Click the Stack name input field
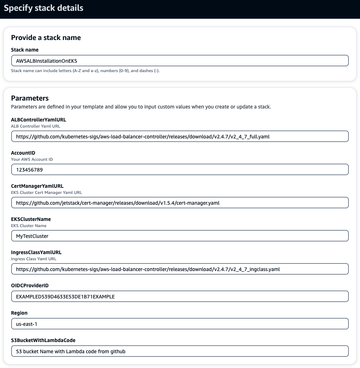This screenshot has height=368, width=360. [x=180, y=61]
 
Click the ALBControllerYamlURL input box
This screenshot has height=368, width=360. [x=180, y=136]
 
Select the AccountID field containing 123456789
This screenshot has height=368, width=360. [x=180, y=169]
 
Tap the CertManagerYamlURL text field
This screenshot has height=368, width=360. [x=180, y=203]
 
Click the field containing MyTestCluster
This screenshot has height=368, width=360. [x=180, y=236]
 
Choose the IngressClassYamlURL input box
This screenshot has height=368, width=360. [x=180, y=269]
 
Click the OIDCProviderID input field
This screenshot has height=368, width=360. [x=180, y=296]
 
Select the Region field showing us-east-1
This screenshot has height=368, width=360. [x=180, y=324]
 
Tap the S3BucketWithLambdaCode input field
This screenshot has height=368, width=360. [x=180, y=351]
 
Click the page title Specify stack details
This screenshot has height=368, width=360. [x=44, y=8]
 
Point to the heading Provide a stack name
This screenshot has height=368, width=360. [x=46, y=37]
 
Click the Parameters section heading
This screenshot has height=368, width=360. [x=30, y=98]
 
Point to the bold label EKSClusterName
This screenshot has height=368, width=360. [x=31, y=219]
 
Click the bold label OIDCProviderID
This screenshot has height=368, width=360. [x=30, y=285]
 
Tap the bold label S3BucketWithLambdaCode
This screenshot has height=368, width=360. [x=43, y=340]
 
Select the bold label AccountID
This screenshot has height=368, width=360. [x=23, y=153]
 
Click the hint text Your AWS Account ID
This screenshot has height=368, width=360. [x=32, y=159]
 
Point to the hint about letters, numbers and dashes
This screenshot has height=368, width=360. [x=85, y=71]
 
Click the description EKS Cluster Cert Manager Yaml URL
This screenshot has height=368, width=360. [x=47, y=192]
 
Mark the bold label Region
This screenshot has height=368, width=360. [x=19, y=313]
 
